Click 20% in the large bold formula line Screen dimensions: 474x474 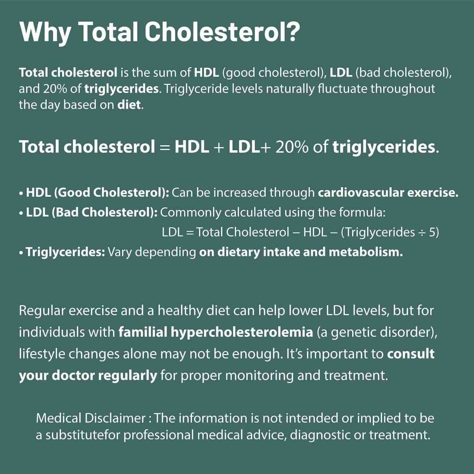tap(291, 147)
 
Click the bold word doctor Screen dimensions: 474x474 tap(73, 375)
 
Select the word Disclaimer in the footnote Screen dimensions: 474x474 tap(115, 418)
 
